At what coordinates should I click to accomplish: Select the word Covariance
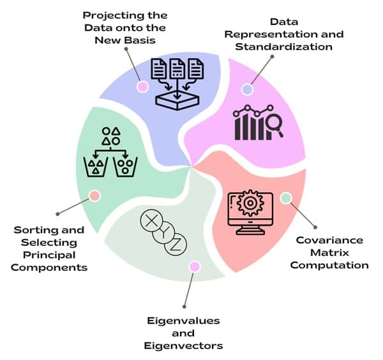[x=330, y=240]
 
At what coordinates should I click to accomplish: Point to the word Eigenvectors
[x=183, y=345]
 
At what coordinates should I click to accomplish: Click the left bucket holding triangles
[x=96, y=168]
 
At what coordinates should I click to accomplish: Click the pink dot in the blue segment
[x=142, y=86]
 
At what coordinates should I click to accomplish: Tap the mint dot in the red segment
[x=285, y=198]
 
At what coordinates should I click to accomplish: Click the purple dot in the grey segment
[x=194, y=266]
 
